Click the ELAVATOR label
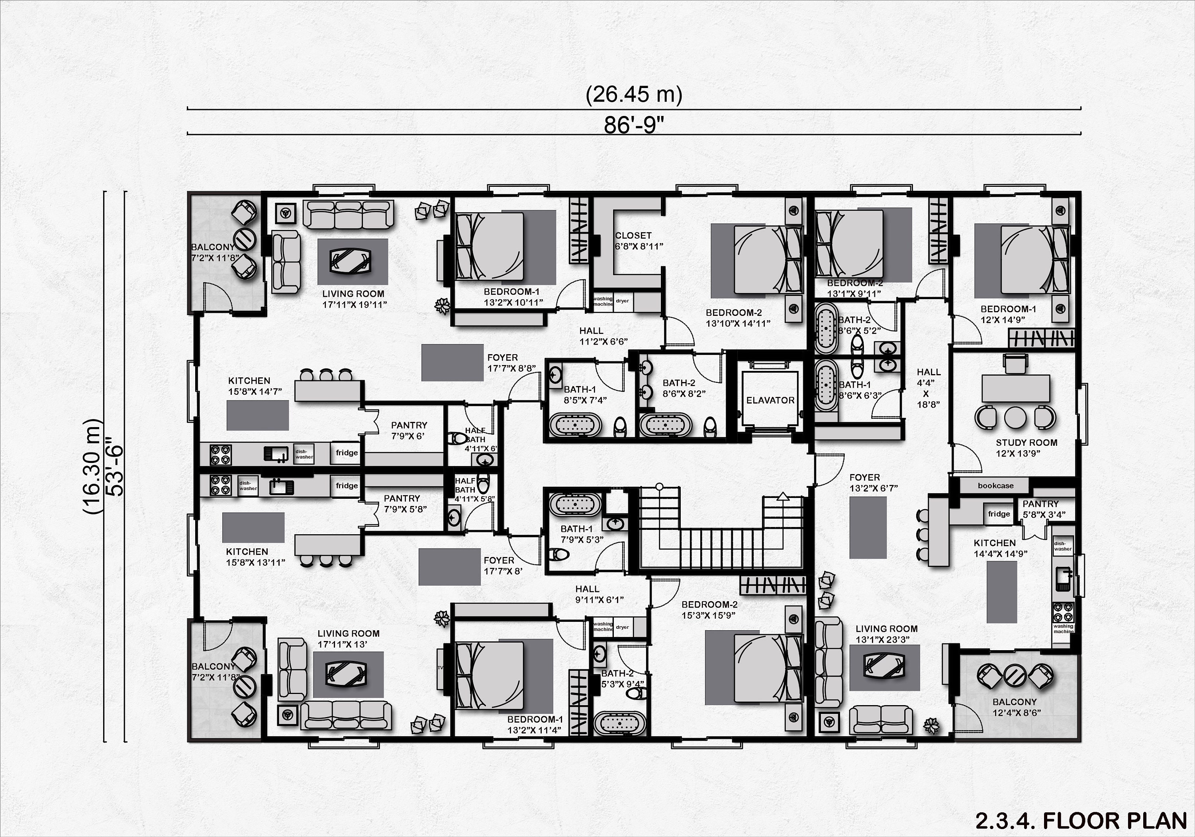770,400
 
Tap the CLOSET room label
633,236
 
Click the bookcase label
995,486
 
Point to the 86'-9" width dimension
634,125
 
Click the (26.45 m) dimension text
634,95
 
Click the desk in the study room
1015,388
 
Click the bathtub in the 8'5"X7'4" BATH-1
575,425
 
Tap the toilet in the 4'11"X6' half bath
458,438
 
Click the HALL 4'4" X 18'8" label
929,388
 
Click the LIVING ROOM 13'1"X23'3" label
886,634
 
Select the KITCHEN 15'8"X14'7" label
255,386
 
